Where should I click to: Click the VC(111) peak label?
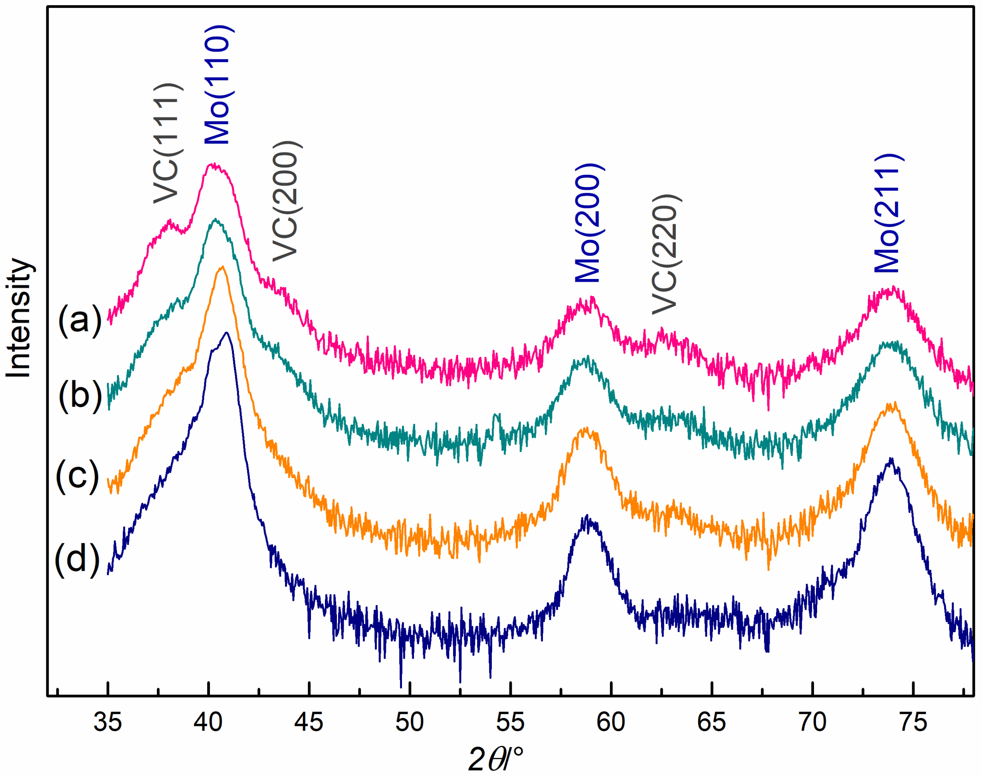(x=168, y=143)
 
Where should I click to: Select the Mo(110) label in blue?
(x=219, y=85)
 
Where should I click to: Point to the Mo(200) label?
(x=589, y=223)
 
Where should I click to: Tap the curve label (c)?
(x=77, y=475)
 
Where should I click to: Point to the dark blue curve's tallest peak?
(x=226, y=333)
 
